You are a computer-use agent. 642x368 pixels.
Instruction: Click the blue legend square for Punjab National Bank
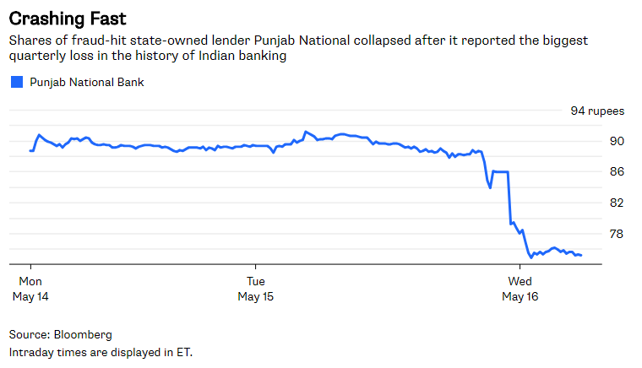click(15, 83)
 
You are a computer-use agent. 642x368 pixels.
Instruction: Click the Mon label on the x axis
click(30, 280)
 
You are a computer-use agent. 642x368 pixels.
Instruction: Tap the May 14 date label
click(30, 297)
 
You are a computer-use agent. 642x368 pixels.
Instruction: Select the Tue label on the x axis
click(255, 280)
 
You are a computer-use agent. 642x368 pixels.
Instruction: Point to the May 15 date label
click(255, 297)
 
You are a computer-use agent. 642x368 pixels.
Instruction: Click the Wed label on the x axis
click(520, 280)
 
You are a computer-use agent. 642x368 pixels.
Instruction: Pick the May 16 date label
click(520, 297)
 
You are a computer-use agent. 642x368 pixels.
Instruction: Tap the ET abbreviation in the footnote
click(182, 351)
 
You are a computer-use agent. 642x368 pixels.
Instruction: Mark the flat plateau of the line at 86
click(500, 172)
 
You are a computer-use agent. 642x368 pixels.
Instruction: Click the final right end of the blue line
click(580, 255)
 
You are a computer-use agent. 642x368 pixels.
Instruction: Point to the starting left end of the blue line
click(30, 151)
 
